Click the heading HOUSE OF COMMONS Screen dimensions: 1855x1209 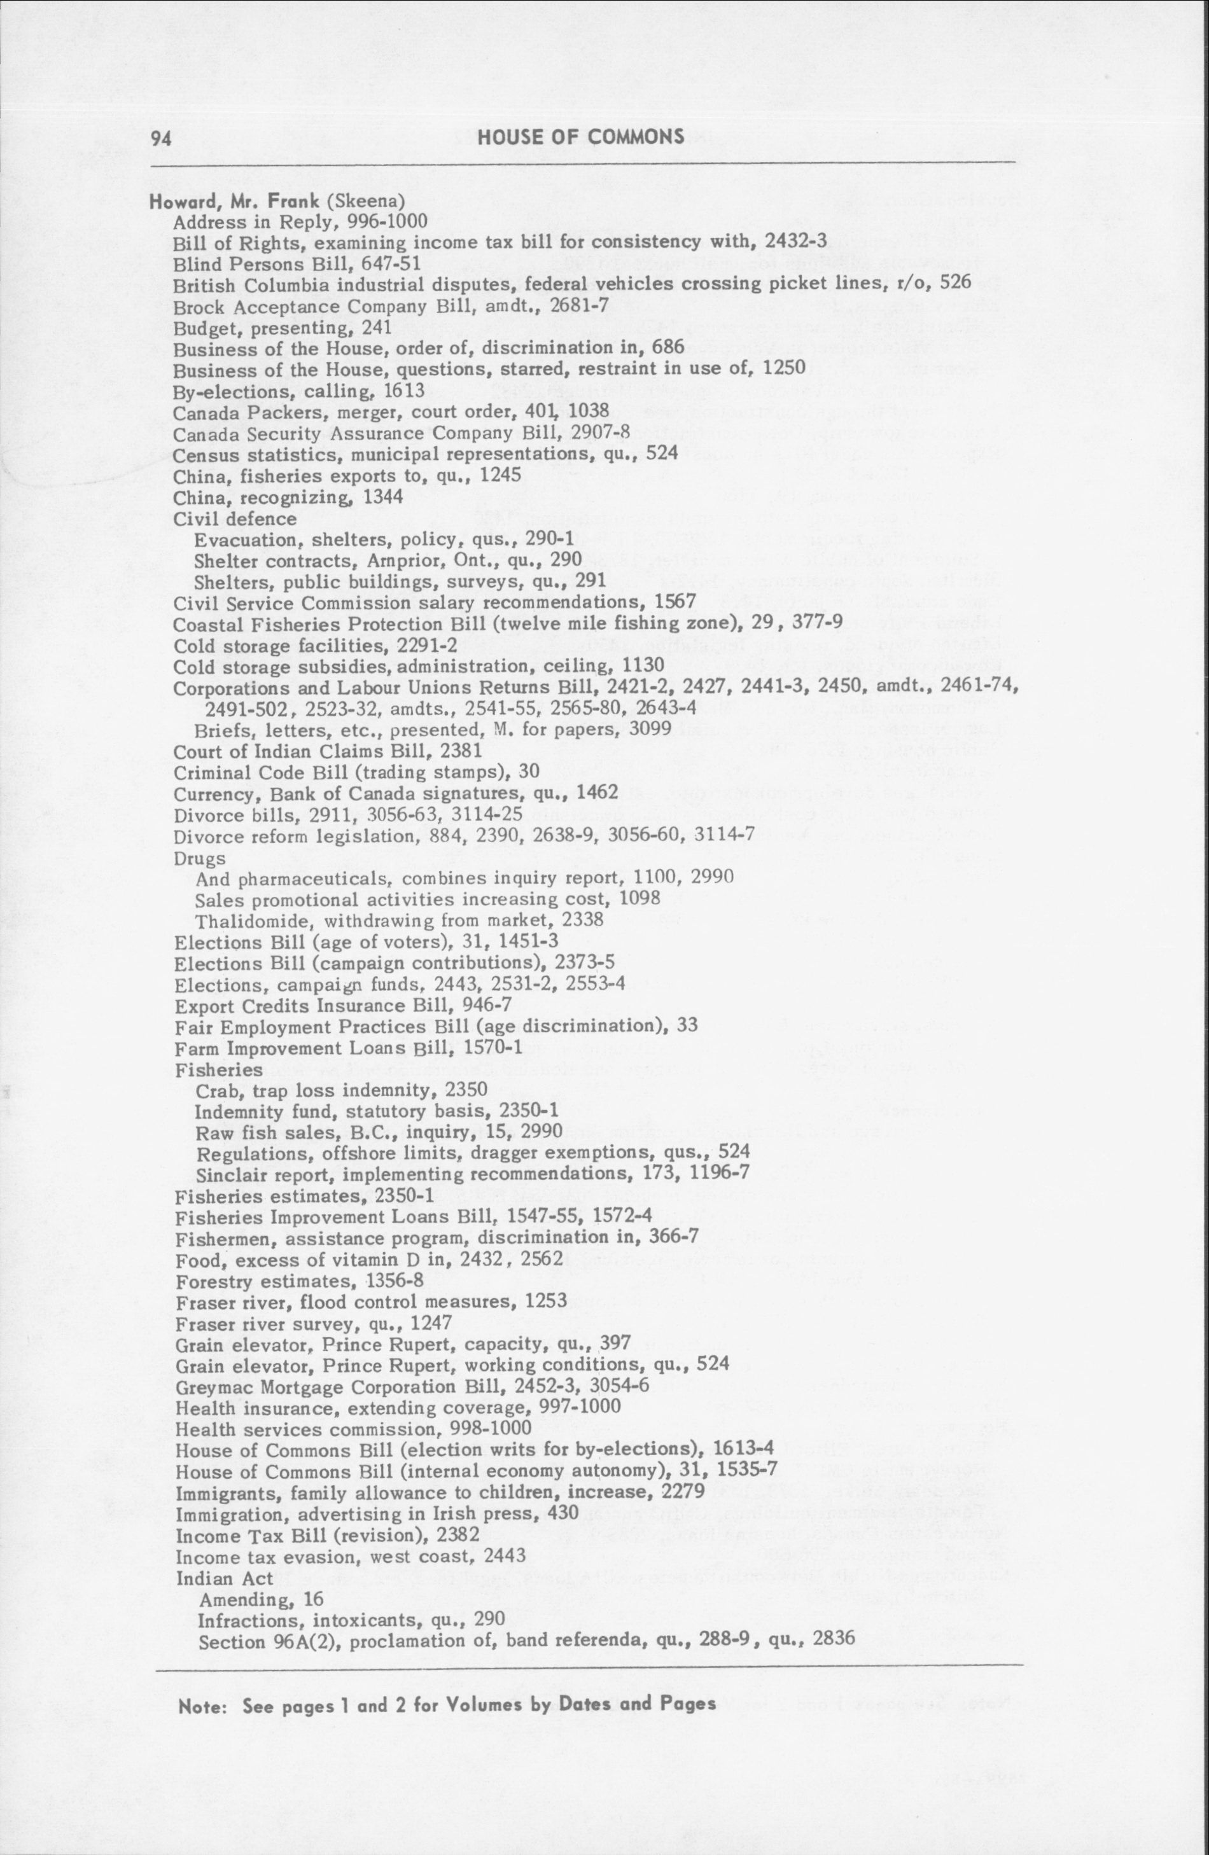(x=581, y=137)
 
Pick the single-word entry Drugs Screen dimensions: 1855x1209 (x=200, y=858)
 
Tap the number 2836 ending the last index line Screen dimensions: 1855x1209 (x=834, y=1640)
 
